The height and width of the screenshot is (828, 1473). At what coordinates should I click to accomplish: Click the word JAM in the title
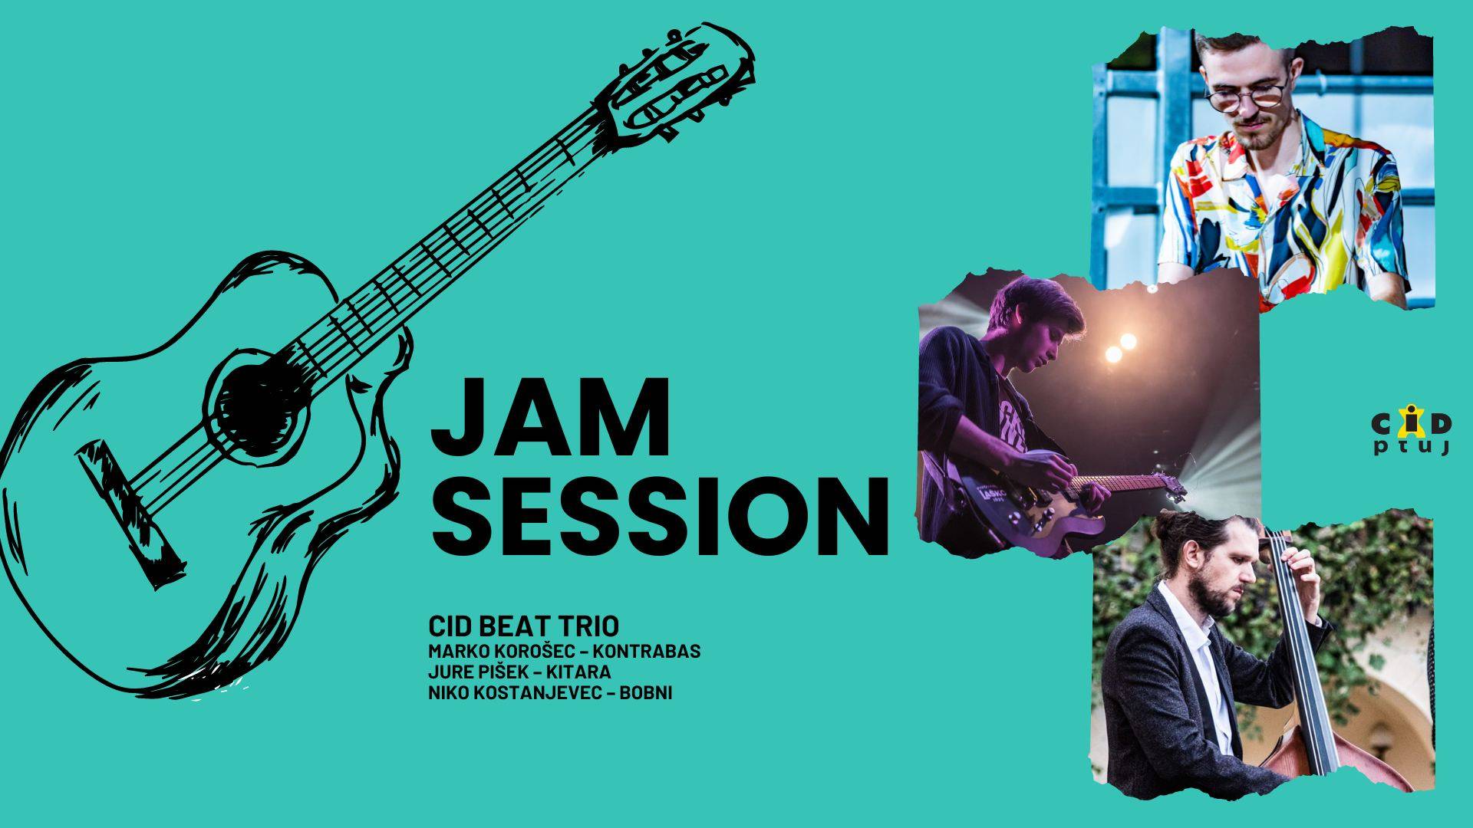(550, 419)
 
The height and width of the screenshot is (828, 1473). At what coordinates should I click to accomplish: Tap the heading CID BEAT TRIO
(524, 626)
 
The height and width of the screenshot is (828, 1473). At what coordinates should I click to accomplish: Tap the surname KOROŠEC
(526, 652)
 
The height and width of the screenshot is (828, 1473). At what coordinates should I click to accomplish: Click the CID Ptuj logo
(1410, 435)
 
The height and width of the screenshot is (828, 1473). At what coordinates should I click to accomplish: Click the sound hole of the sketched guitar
(252, 402)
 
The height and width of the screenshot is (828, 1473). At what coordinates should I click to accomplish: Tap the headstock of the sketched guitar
(675, 84)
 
